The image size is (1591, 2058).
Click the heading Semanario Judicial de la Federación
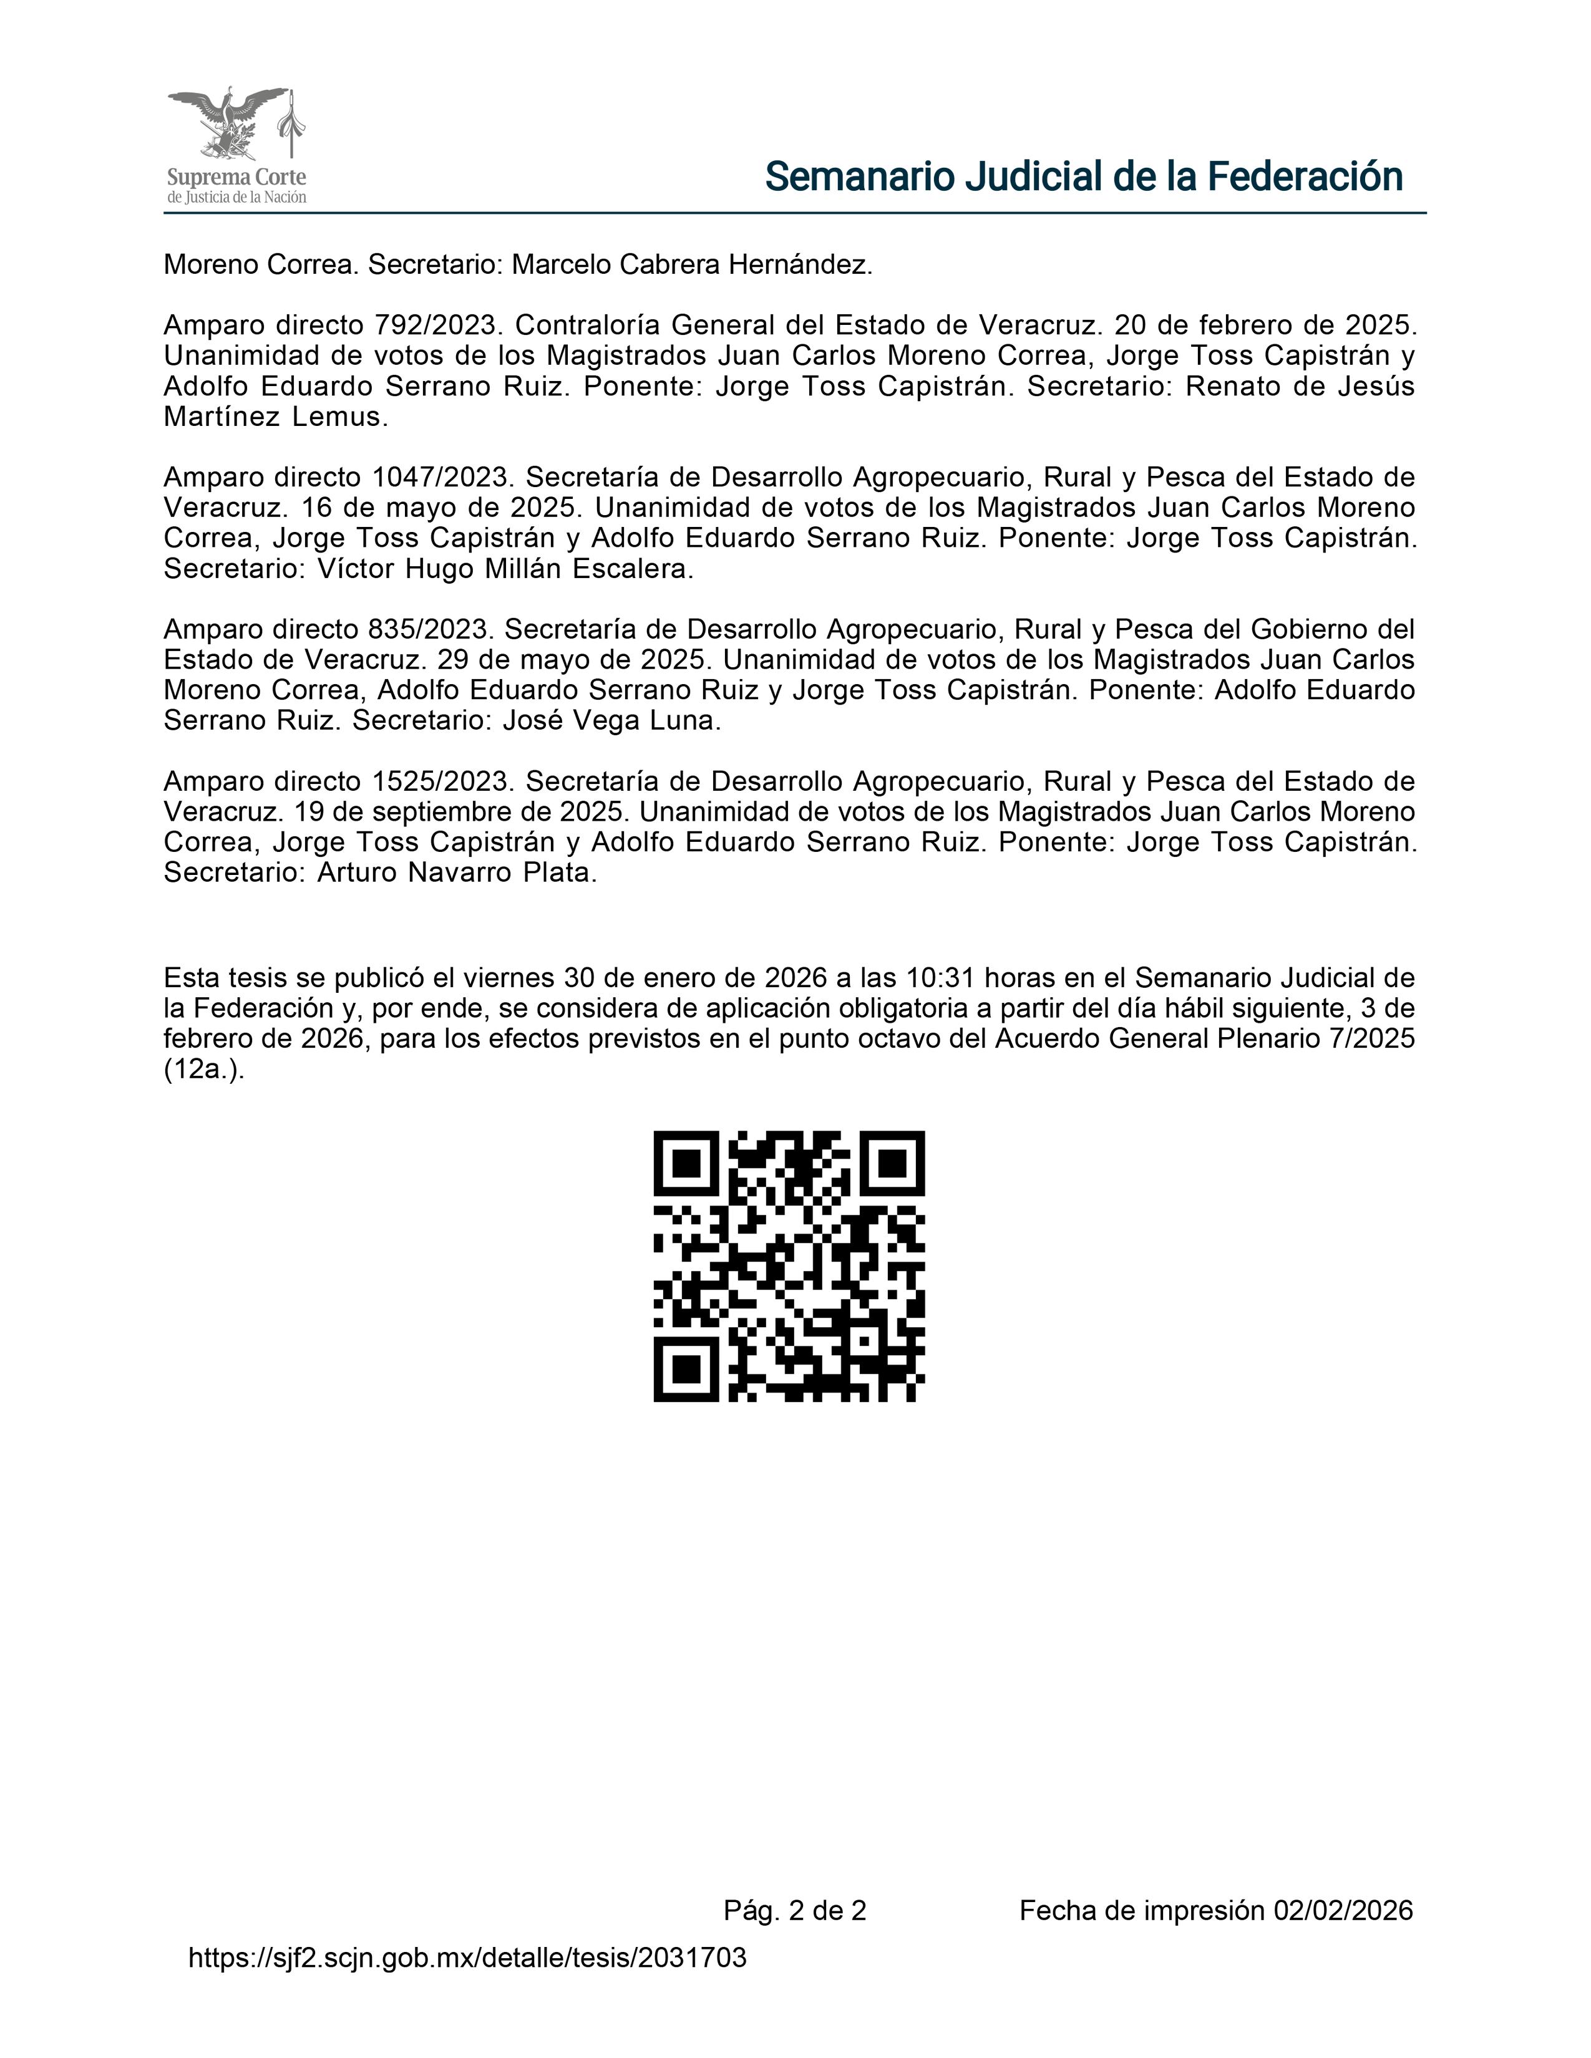1083,176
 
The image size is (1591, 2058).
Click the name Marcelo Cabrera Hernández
692,266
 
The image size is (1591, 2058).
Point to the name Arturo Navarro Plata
457,874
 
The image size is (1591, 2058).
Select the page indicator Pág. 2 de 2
794,1911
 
